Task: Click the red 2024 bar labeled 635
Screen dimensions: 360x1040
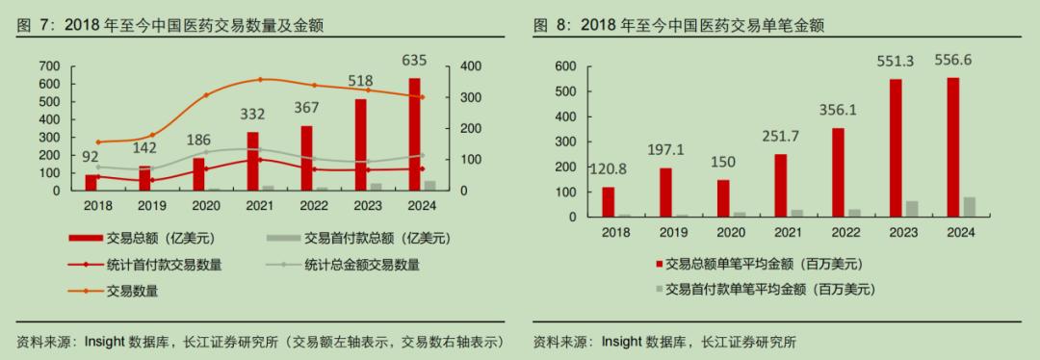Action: point(414,134)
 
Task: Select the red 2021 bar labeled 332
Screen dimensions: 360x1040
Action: point(253,161)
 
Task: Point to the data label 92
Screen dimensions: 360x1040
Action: point(91,157)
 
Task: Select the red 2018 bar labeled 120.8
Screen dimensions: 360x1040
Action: point(609,201)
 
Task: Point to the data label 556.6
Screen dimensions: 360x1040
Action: point(954,61)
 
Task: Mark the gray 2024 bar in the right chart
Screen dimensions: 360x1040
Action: point(969,206)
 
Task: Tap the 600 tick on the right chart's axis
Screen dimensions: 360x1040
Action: point(565,66)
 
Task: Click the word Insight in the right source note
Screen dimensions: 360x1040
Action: point(622,342)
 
